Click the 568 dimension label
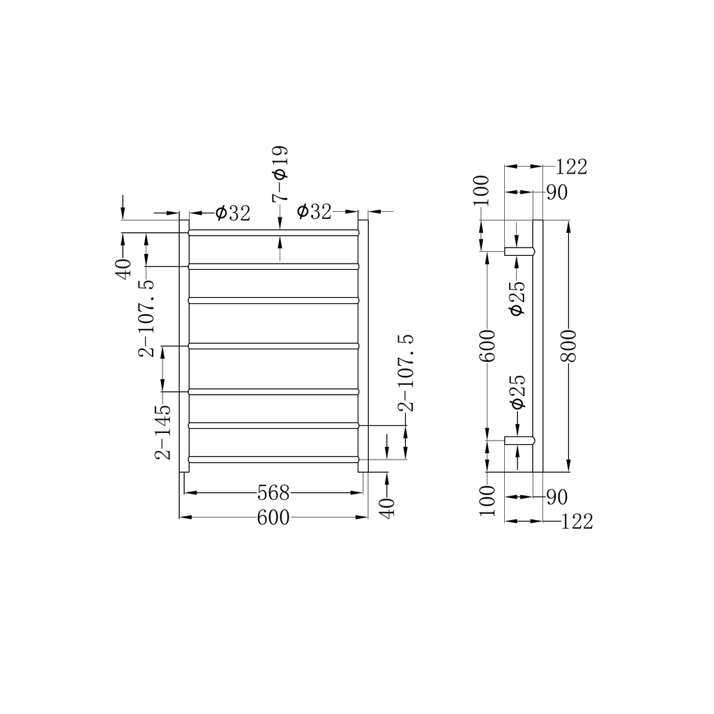[273, 492]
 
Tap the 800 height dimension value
[569, 346]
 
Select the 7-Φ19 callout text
[280, 174]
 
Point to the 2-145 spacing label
[163, 432]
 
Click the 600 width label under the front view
[273, 517]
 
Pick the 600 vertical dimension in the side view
[487, 346]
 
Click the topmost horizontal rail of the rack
[273, 233]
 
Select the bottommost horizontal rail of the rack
[273, 459]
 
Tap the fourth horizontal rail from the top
[273, 346]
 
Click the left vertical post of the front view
[184, 346]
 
